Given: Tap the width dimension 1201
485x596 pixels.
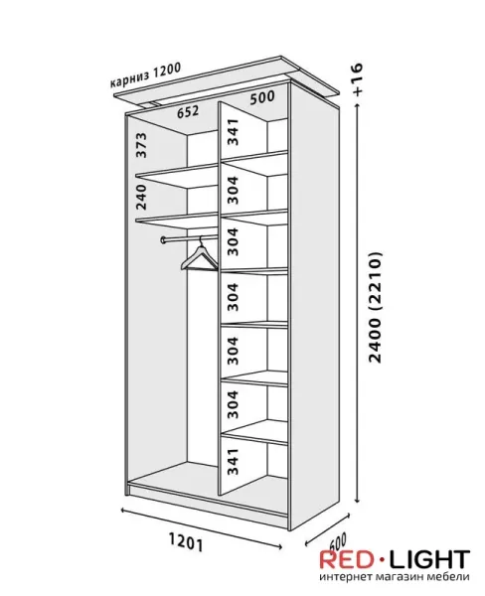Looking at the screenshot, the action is [x=185, y=542].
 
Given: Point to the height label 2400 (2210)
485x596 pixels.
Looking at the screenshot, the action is [x=375, y=307].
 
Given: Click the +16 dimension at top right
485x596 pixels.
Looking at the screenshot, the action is [x=358, y=79].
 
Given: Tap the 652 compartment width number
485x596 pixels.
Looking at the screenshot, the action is [x=188, y=111].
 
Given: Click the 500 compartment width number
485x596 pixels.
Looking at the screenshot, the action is [x=262, y=97].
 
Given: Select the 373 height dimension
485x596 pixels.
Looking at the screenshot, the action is [x=141, y=145].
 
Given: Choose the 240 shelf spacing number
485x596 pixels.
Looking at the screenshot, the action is [x=141, y=197].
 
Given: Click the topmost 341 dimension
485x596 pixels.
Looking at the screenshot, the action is [x=233, y=132].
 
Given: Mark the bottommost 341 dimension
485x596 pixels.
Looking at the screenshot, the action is [x=233, y=461].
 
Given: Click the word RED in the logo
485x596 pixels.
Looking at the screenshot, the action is [x=347, y=559].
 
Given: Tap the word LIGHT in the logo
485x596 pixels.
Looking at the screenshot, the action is [x=430, y=559].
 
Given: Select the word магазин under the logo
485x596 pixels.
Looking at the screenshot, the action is [x=394, y=576].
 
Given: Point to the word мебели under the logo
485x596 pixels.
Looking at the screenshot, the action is [x=443, y=576].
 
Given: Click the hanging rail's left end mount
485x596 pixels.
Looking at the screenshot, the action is [x=164, y=239].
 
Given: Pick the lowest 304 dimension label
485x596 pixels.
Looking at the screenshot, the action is [x=233, y=404].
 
